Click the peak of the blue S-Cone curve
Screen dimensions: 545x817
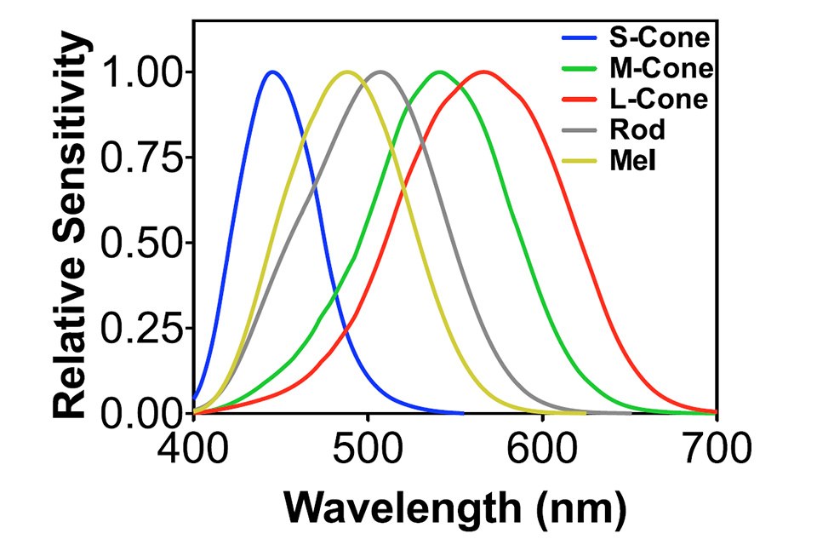pos(272,72)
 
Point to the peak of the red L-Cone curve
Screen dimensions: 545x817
pos(484,72)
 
